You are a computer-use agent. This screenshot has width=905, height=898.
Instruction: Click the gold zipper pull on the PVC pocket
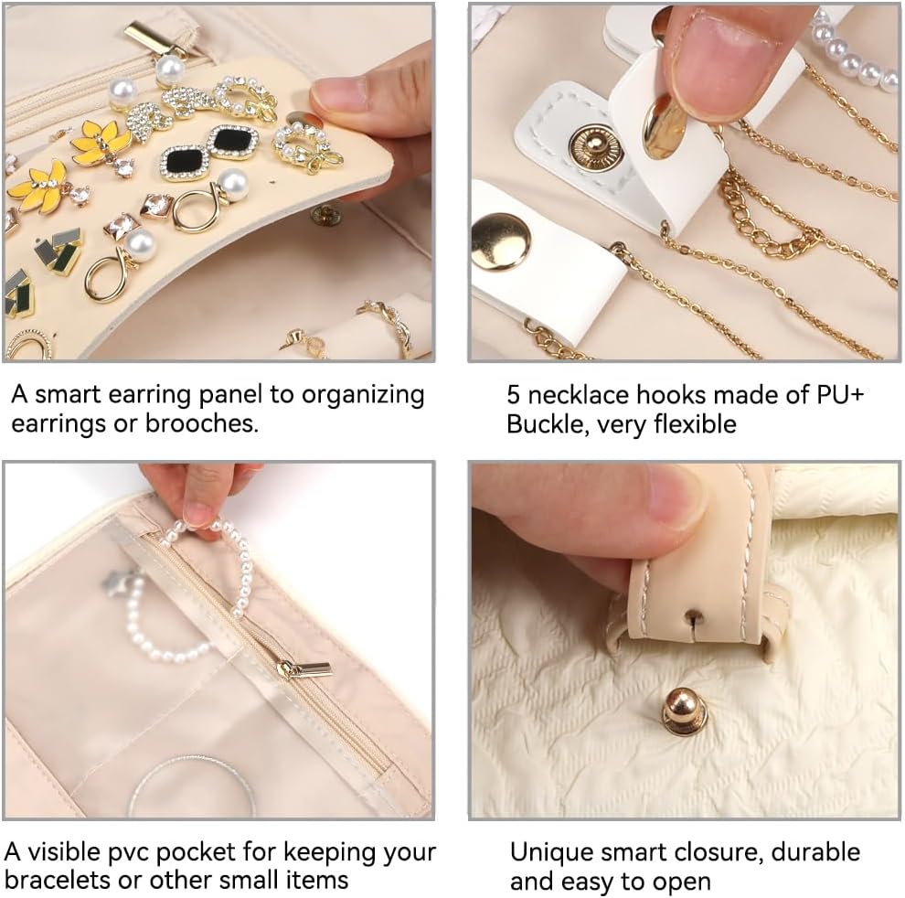coord(304,670)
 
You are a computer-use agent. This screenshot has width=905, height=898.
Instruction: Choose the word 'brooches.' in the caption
coord(201,424)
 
